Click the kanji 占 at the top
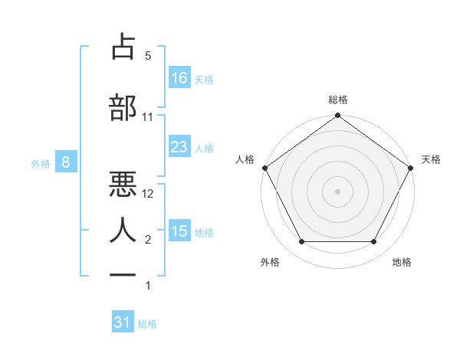pos(123,47)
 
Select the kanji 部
pos(123,108)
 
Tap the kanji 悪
pos(123,183)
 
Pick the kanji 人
pos(123,229)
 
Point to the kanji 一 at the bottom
pos(123,273)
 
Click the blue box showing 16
pos(179,78)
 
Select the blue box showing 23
pos(179,147)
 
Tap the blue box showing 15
pos(179,231)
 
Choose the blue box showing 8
pos(67,162)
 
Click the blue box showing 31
pos(123,323)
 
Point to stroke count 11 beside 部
pos(148,117)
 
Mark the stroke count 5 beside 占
pos(148,56)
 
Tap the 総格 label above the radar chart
pos(337,100)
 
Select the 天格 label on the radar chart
pos(431,159)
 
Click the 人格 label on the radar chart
pos(245,159)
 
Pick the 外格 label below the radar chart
pos(270,263)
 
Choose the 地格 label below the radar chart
pos(402,263)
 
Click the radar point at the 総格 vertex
pos(337,116)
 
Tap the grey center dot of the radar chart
pos(337,191)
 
